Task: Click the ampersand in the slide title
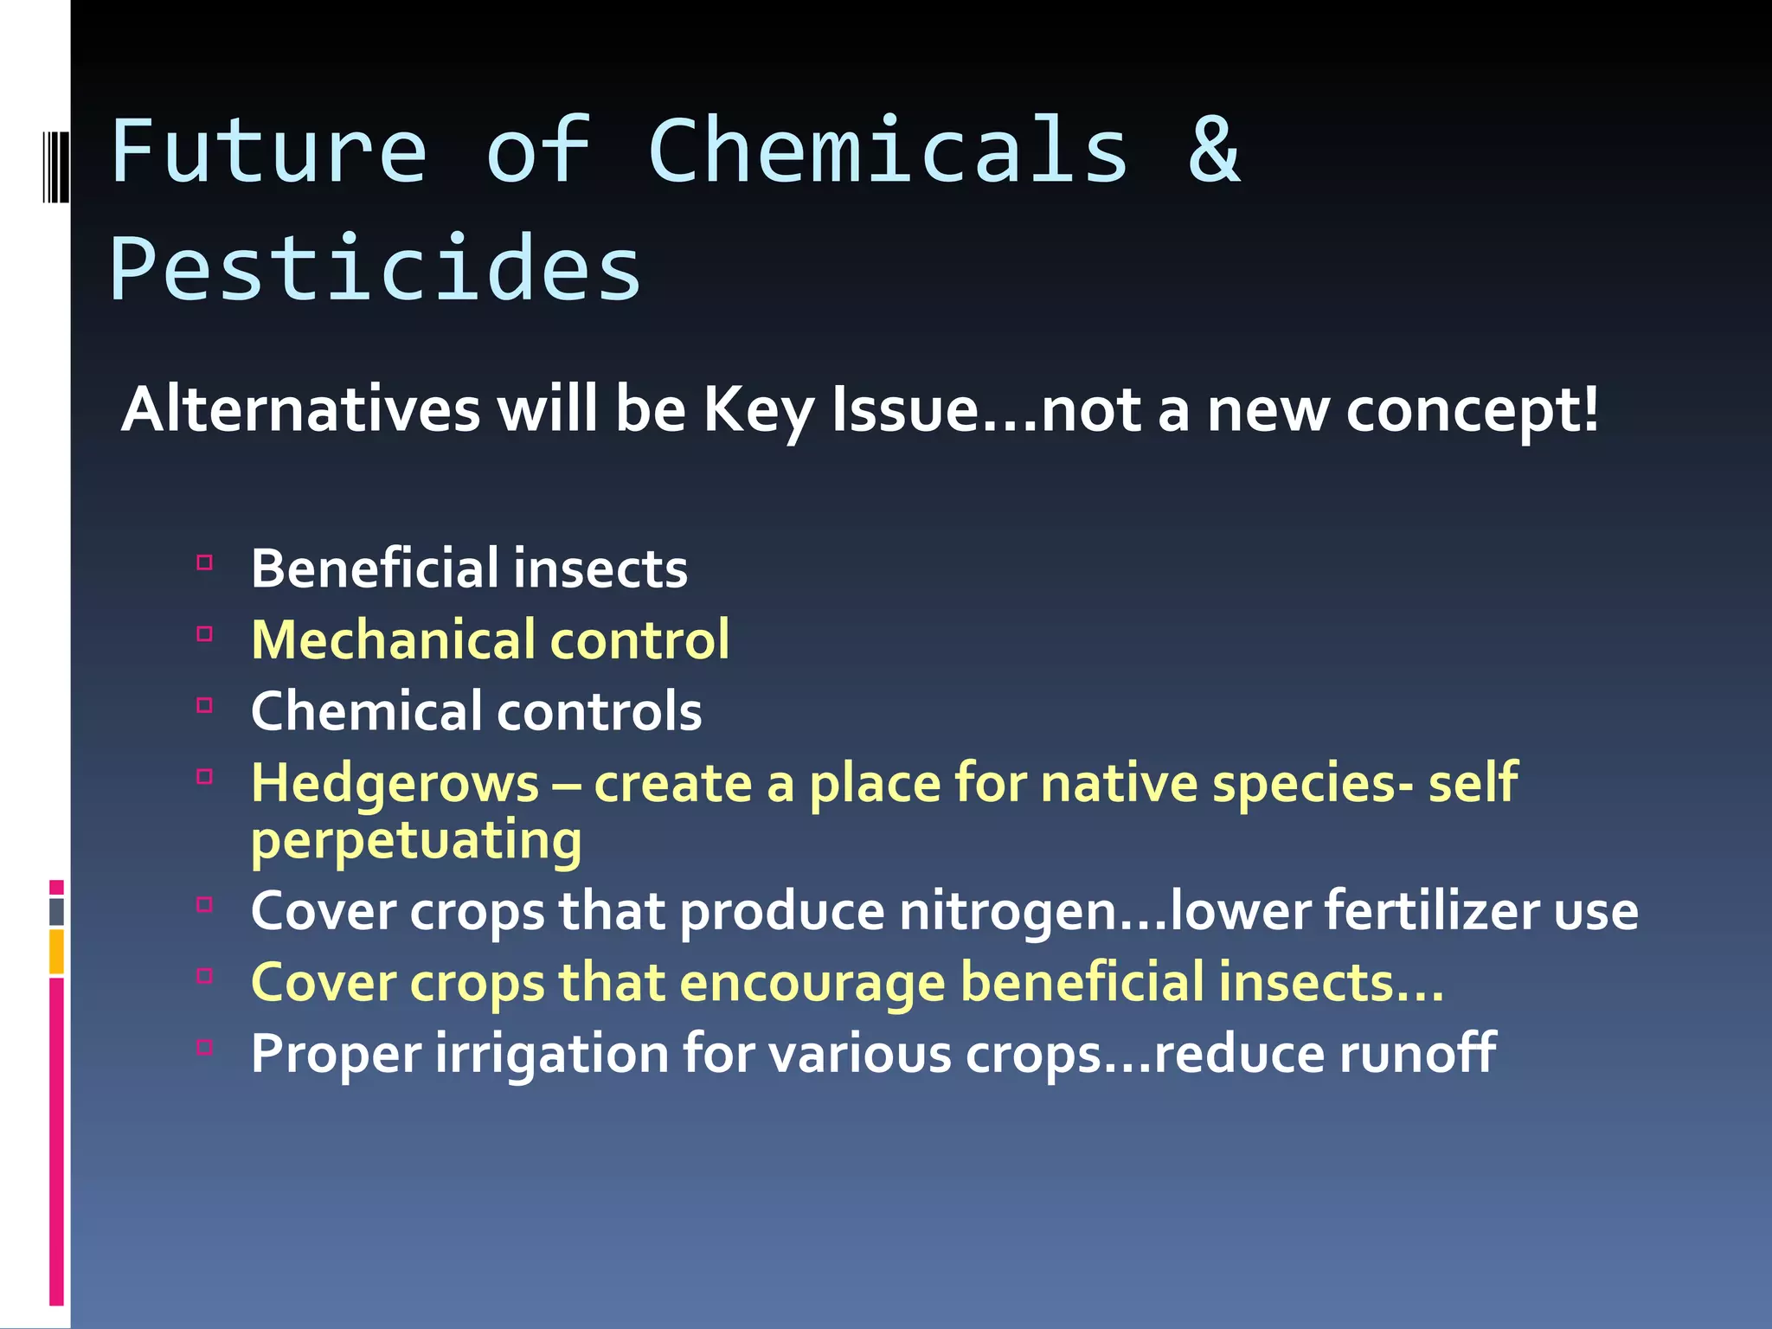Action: point(1214,151)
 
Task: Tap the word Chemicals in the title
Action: point(888,151)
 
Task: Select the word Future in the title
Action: point(269,151)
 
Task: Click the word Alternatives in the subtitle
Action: point(300,409)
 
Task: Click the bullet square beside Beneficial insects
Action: point(205,563)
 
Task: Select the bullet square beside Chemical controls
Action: point(205,705)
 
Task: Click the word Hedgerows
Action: point(395,784)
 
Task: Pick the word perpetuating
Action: point(416,841)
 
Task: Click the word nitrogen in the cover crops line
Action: point(1008,913)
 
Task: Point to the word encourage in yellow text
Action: point(812,984)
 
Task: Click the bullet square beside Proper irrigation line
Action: point(205,1048)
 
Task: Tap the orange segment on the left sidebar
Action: point(56,952)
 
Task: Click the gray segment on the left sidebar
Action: point(56,912)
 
